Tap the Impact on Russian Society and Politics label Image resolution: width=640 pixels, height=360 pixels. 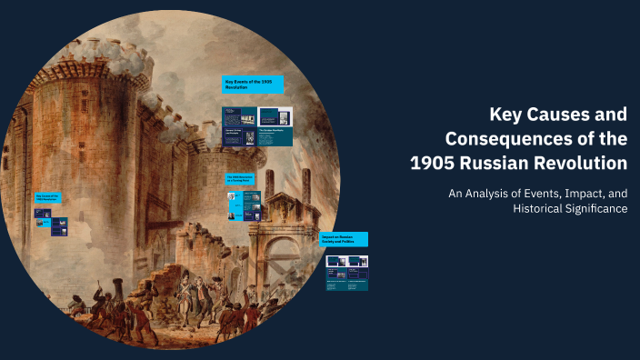click(x=344, y=239)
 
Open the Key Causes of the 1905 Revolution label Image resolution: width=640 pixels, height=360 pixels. click(x=46, y=197)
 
